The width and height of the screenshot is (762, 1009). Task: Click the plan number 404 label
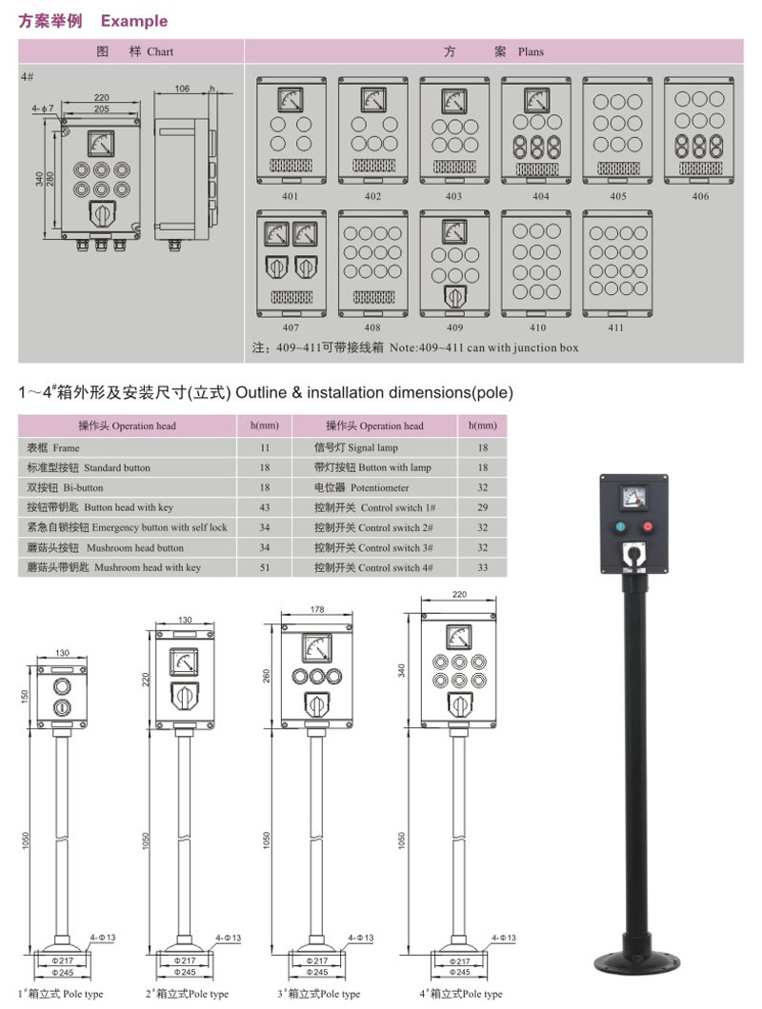click(541, 197)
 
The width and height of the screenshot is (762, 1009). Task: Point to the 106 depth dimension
click(182, 89)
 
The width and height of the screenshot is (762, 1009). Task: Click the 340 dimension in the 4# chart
click(39, 178)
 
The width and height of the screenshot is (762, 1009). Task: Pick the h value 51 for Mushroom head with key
click(265, 567)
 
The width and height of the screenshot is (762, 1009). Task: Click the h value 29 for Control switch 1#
click(482, 507)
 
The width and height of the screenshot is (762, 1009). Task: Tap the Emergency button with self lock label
click(128, 527)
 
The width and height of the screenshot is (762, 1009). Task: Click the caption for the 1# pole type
click(60, 994)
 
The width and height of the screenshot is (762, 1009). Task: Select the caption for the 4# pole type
click(461, 994)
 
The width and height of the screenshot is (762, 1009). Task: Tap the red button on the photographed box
click(648, 526)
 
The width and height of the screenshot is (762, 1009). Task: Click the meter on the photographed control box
click(632, 496)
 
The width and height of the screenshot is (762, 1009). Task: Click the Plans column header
click(493, 51)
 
